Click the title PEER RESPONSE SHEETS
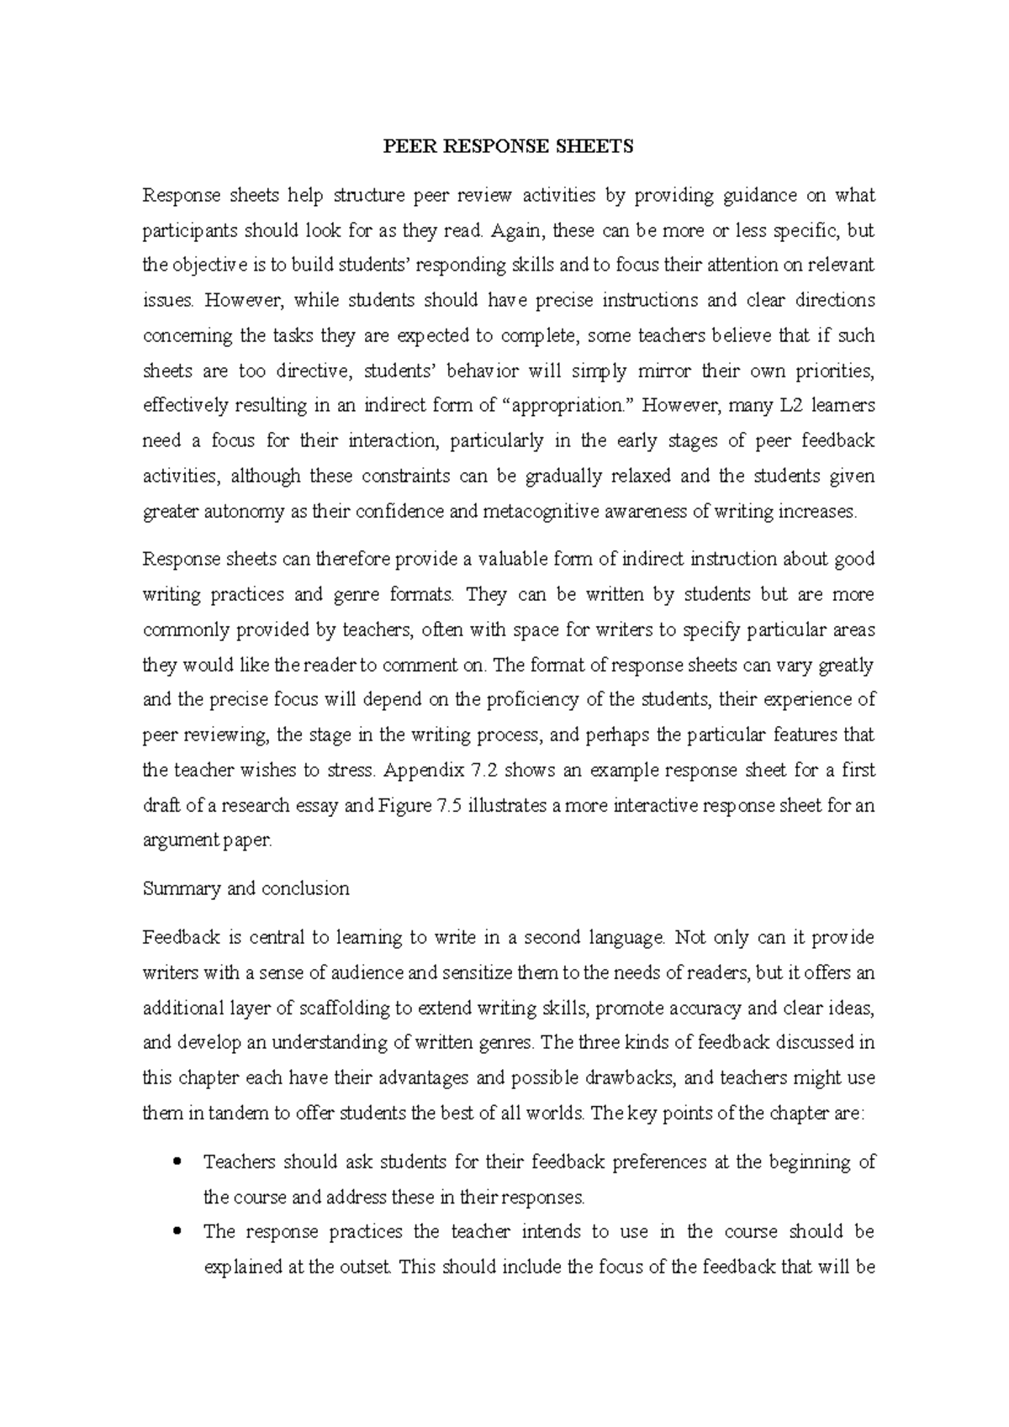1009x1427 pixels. [x=508, y=147]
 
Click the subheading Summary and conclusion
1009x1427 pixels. [x=246, y=888]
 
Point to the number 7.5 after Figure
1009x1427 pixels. [x=449, y=805]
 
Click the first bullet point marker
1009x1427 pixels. [x=176, y=1163]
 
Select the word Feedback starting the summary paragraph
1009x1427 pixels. [x=179, y=936]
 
